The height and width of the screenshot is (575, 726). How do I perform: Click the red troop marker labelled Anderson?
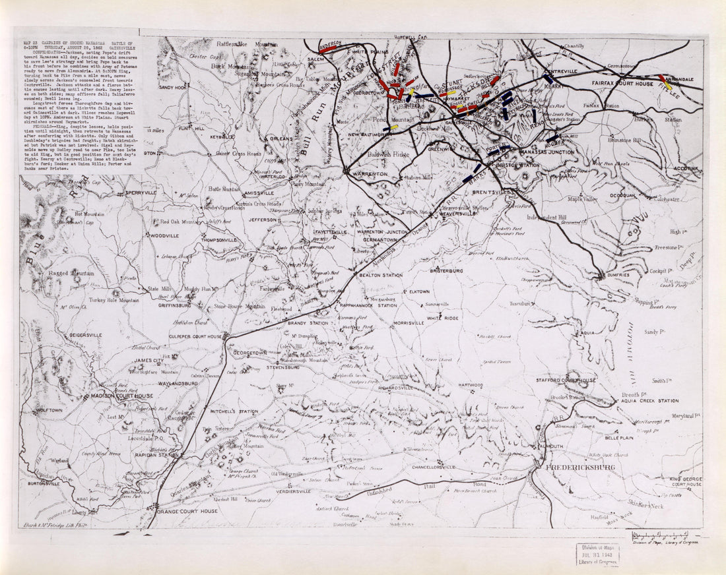click(x=329, y=48)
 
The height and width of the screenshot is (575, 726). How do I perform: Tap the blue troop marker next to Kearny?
click(x=548, y=78)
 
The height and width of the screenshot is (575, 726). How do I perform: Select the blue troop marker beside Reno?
click(x=533, y=116)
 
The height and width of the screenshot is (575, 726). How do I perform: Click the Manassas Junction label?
click(x=547, y=152)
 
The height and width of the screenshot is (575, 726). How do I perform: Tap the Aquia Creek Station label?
click(x=649, y=401)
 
